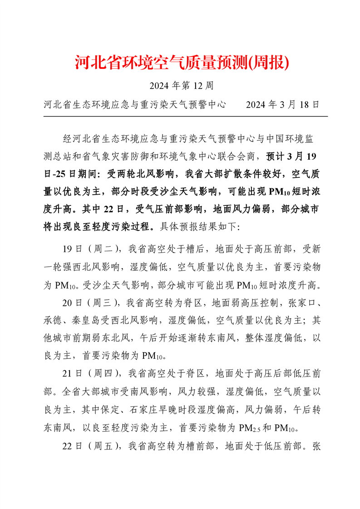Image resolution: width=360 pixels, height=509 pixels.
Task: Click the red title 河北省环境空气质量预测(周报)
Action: pyautogui.click(x=182, y=63)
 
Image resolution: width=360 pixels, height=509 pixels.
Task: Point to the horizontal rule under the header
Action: pyautogui.click(x=185, y=117)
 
